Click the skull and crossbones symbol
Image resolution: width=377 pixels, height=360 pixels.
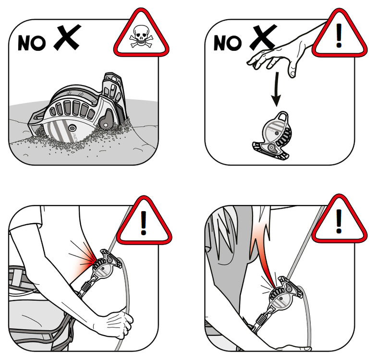click(141, 36)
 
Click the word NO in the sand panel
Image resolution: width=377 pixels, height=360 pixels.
click(32, 43)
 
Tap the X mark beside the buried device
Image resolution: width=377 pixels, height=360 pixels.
click(67, 37)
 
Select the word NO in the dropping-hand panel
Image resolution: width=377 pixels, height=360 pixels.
click(228, 43)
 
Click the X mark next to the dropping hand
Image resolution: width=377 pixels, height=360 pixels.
click(263, 37)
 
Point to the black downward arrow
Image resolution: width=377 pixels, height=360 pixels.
click(277, 89)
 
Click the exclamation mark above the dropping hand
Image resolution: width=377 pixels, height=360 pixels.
click(339, 35)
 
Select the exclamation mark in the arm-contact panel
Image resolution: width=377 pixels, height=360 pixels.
click(144, 223)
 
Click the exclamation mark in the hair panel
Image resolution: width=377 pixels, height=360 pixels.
click(339, 221)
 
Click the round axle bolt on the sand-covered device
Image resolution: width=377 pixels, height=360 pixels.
click(72, 127)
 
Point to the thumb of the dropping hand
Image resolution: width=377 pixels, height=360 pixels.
click(292, 69)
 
